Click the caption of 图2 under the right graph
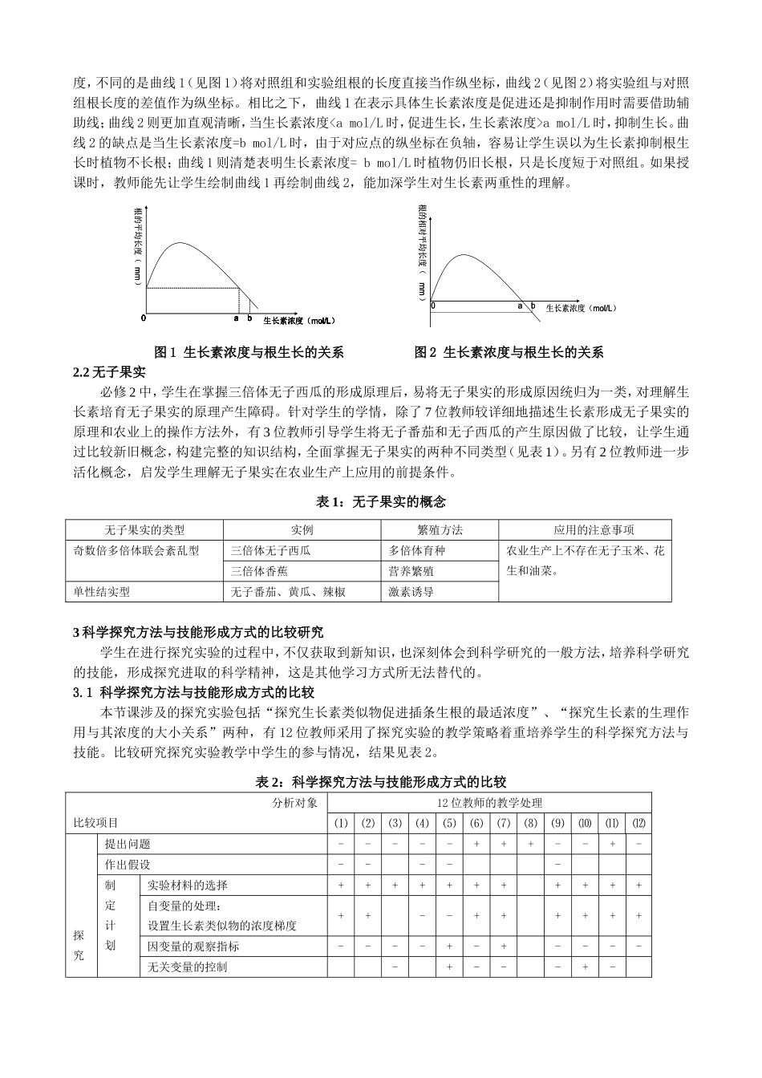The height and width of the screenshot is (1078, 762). (x=509, y=352)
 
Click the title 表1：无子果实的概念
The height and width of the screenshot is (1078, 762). (x=381, y=502)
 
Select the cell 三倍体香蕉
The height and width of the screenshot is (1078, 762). (x=259, y=571)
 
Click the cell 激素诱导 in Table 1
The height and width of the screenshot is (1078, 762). (x=411, y=592)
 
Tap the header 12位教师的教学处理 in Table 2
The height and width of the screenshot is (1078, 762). (x=489, y=803)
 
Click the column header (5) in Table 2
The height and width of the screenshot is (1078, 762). (x=449, y=823)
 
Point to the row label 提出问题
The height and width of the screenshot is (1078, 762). (x=128, y=844)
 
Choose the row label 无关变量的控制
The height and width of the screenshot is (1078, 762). (x=188, y=967)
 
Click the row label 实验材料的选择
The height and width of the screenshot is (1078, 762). (x=188, y=885)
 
